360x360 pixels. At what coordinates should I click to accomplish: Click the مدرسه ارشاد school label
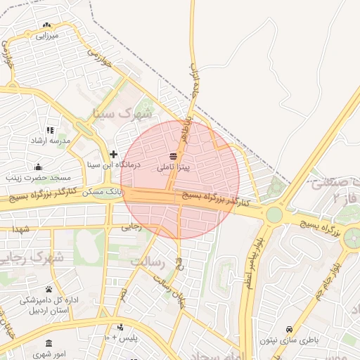50,141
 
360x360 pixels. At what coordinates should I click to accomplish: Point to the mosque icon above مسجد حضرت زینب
37,167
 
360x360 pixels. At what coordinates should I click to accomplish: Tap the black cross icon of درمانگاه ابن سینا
113,154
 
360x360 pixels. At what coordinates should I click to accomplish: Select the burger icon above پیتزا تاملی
173,156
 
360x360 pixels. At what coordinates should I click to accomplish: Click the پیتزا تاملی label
173,168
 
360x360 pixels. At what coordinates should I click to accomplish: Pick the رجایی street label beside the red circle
132,226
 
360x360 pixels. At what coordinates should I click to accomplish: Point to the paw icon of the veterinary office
49,289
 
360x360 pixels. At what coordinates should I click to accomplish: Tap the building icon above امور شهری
49,342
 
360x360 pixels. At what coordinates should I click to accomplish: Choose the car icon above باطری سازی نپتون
289,329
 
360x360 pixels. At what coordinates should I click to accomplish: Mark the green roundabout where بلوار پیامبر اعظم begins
274,214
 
